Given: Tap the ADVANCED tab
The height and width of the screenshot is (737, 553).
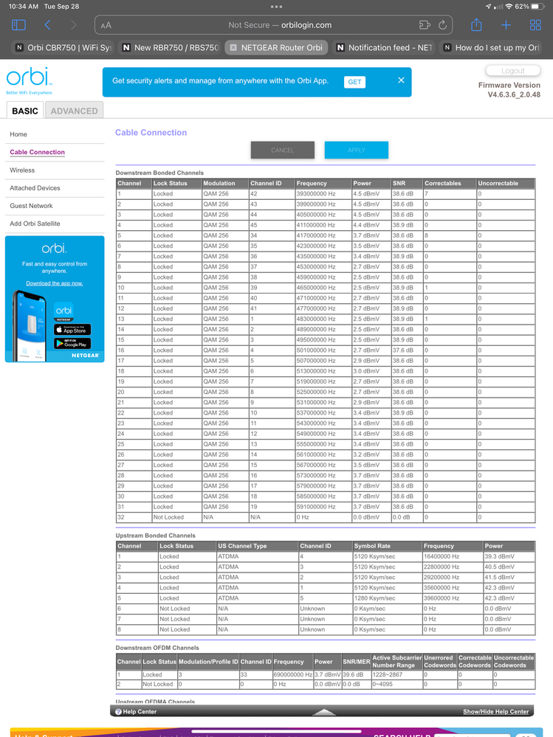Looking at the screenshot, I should click(x=74, y=111).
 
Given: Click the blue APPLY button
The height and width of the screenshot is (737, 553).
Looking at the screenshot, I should click(x=356, y=150).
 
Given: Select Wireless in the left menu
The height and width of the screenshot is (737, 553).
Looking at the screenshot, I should click(x=22, y=170).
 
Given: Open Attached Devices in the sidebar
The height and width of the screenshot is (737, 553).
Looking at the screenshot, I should click(x=35, y=188).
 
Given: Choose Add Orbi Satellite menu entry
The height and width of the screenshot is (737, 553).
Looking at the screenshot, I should click(x=35, y=224).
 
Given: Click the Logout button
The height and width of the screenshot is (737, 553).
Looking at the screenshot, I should click(x=512, y=71).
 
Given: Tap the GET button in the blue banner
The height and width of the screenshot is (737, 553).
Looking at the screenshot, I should click(x=354, y=82).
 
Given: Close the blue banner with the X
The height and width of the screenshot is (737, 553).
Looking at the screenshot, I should click(x=401, y=80).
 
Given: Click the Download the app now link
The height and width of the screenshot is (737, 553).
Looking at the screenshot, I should click(x=55, y=283).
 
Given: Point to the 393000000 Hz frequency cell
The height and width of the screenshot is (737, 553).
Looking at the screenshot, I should click(x=316, y=194).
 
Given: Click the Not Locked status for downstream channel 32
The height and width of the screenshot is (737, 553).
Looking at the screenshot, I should click(x=168, y=517).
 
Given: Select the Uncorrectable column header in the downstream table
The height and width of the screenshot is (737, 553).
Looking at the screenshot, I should click(x=498, y=183).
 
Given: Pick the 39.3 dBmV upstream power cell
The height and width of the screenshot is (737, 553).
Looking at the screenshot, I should click(x=499, y=556).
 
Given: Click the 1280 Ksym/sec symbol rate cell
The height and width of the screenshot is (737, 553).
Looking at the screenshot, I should click(x=374, y=598).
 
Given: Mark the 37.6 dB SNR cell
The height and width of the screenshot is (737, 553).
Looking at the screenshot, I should click(x=402, y=350).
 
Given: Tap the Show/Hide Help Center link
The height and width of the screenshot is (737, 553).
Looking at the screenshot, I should click(x=495, y=712).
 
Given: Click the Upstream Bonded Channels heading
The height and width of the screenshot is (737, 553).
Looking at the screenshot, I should click(x=154, y=536).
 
